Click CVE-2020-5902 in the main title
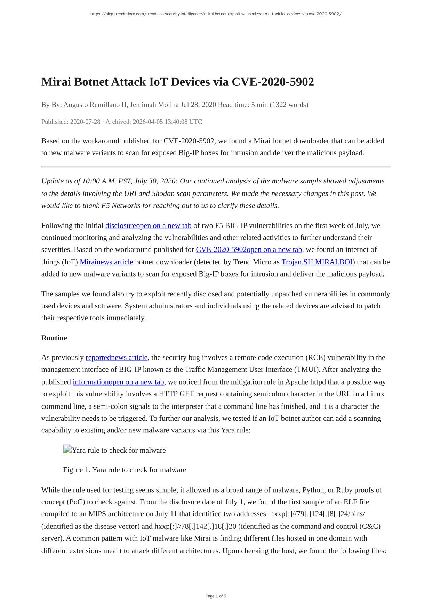pos(273,82)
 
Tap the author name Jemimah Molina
pos(154,105)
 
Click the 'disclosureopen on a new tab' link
pos(148,226)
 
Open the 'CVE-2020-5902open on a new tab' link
pos(249,250)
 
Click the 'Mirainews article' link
pos(106,262)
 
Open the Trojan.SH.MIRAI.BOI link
pos(317,262)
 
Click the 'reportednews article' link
pos(117,357)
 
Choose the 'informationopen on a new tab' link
pos(118,382)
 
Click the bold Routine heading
pos(54,338)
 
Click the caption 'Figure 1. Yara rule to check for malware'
pos(125,470)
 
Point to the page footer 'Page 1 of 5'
pos(216,596)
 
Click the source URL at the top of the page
pos(216,14)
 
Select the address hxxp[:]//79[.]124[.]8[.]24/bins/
pos(317,514)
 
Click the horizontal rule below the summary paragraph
pos(216,167)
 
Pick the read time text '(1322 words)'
pos(289,105)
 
